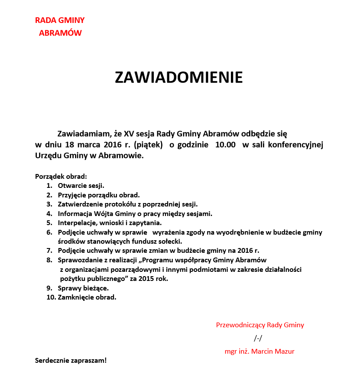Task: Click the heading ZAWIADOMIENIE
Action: coord(178,77)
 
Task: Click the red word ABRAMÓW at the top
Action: coord(60,33)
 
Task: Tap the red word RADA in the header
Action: coord(44,20)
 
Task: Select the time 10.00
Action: coord(225,145)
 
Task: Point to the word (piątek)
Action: coord(149,145)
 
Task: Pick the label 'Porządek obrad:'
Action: coord(61,177)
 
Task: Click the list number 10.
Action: coord(51,297)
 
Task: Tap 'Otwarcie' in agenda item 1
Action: coord(71,186)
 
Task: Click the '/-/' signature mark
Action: coord(258,338)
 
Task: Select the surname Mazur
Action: coord(284,351)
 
